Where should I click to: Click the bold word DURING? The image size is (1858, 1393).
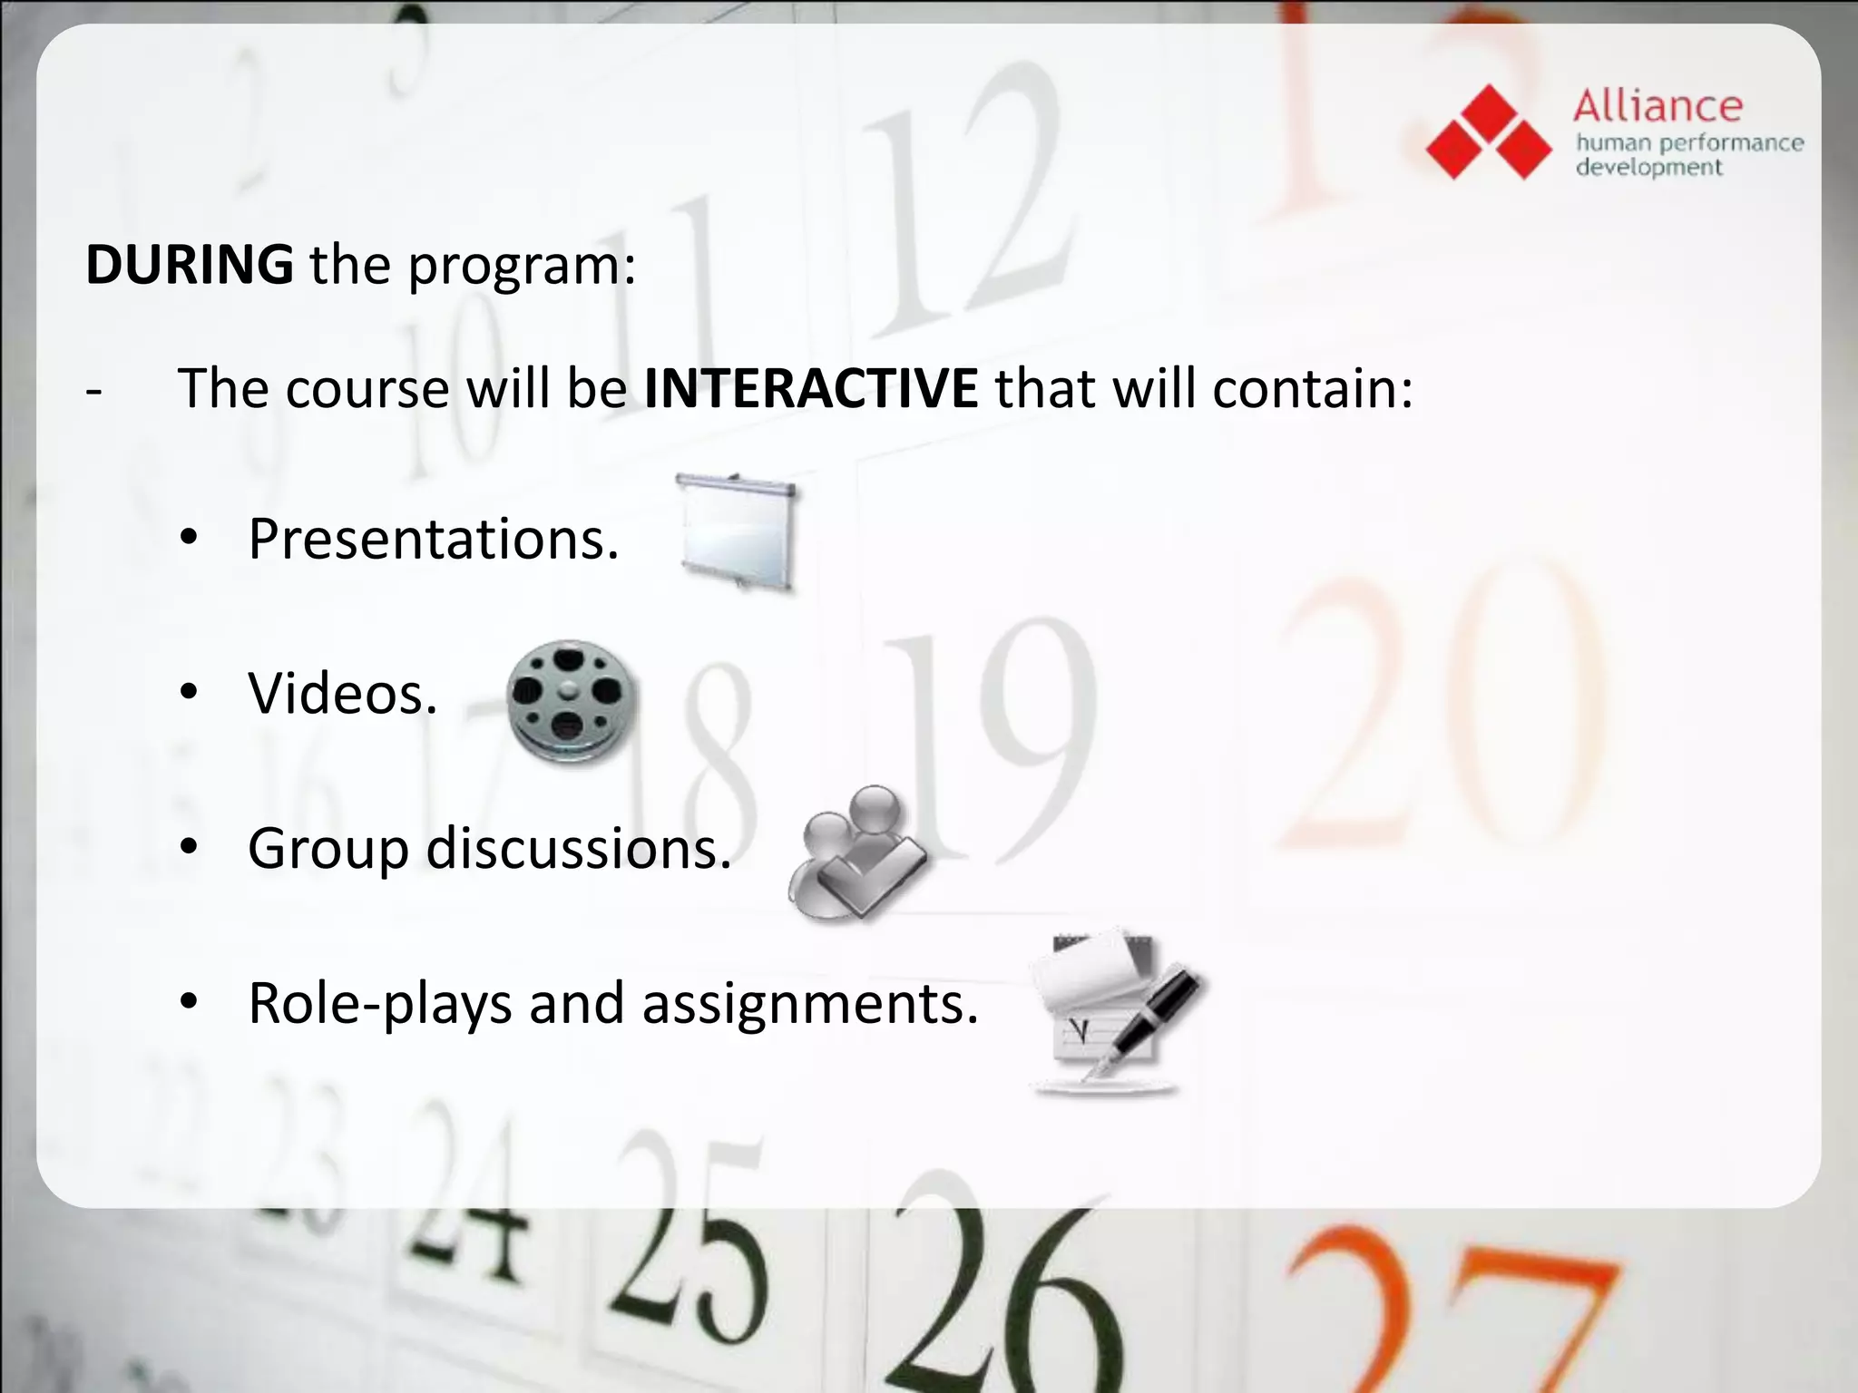pos(189,265)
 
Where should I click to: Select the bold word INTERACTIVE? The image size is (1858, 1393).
pos(811,388)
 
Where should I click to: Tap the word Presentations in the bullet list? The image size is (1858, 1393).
pos(432,539)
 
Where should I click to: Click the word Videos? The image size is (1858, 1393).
pos(341,694)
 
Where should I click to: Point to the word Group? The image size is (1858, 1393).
pos(328,851)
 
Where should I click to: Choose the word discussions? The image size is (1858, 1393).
pos(578,849)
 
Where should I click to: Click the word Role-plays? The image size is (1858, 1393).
pos(380,1004)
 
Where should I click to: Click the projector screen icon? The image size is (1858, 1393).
pos(738,532)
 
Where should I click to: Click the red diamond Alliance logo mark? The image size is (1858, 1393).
pos(1489,132)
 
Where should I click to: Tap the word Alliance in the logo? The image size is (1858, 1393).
pos(1658,106)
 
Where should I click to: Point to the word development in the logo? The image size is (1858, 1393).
pos(1648,168)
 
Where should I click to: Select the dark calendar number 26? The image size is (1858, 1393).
pos(998,1297)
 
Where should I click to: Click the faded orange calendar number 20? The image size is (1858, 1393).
pos(1442,707)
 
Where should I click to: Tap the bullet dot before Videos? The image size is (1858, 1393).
pos(189,694)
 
